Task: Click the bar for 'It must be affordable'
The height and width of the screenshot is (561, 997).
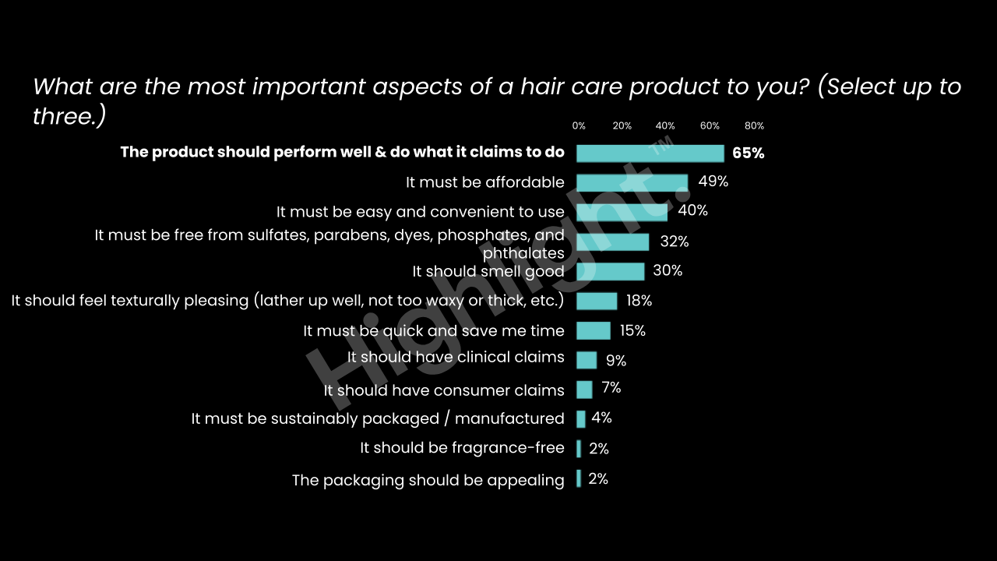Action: pyautogui.click(x=632, y=182)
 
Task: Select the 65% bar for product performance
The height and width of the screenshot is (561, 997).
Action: pyautogui.click(x=650, y=153)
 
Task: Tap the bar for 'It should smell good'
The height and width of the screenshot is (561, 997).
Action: pyautogui.click(x=610, y=271)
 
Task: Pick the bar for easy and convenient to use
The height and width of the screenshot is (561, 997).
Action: pyautogui.click(x=622, y=212)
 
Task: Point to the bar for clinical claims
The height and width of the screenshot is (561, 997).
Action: pyautogui.click(x=587, y=360)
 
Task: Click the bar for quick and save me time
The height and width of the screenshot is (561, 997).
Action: pyautogui.click(x=593, y=330)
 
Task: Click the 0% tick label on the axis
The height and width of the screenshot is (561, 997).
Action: pyautogui.click(x=579, y=126)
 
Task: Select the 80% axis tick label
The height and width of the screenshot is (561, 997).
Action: pyautogui.click(x=754, y=126)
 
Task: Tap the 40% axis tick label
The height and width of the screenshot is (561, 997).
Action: pyautogui.click(x=665, y=126)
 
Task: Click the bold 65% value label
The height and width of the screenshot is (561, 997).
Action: pyautogui.click(x=748, y=153)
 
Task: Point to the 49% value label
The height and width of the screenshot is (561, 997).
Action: pyautogui.click(x=713, y=182)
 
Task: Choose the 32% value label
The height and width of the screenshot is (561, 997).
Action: pyautogui.click(x=674, y=242)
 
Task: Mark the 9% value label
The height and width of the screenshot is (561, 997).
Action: pyautogui.click(x=616, y=360)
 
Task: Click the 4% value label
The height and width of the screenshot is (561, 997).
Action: pyautogui.click(x=601, y=418)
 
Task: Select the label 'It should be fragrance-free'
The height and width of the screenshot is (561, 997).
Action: pyautogui.click(x=462, y=448)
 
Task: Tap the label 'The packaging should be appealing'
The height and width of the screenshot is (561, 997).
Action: pyautogui.click(x=428, y=480)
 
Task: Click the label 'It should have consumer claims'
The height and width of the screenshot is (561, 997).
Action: pyautogui.click(x=444, y=390)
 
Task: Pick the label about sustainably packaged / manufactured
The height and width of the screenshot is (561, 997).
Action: pyautogui.click(x=378, y=418)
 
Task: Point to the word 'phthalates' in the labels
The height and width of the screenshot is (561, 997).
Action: pyautogui.click(x=523, y=253)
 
